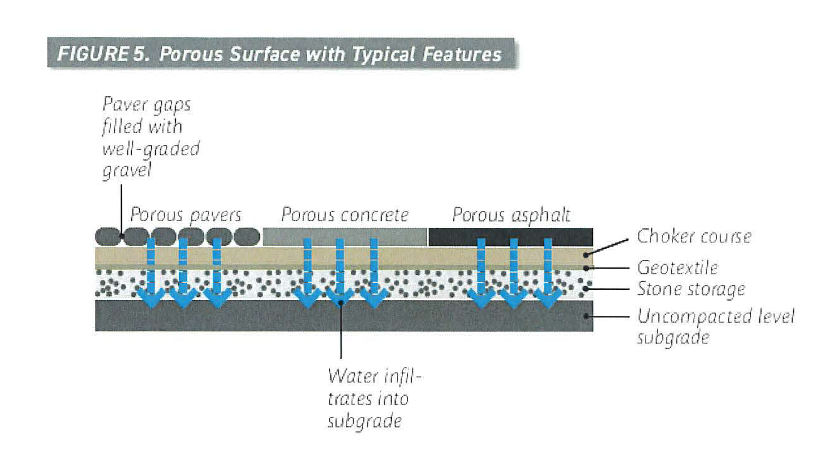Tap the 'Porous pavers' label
pyautogui.click(x=185, y=215)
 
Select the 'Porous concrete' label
pyautogui.click(x=345, y=215)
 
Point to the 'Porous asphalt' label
pyautogui.click(x=511, y=215)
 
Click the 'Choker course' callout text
pyautogui.click(x=693, y=237)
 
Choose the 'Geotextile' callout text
pyautogui.click(x=677, y=268)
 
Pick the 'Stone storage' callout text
pyautogui.click(x=691, y=289)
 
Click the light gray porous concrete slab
pyautogui.click(x=345, y=237)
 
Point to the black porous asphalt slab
pyautogui.click(x=511, y=237)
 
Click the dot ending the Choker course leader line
pyautogui.click(x=587, y=254)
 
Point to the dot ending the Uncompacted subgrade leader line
pyautogui.click(x=587, y=316)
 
